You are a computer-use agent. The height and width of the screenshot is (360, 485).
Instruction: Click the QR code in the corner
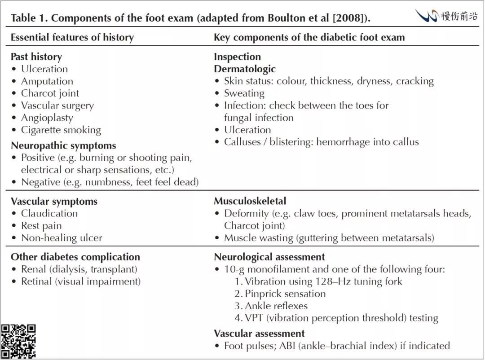click(18, 341)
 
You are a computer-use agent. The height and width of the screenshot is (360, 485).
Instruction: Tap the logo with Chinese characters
click(446, 17)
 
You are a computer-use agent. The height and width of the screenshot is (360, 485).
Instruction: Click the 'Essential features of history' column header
click(72, 37)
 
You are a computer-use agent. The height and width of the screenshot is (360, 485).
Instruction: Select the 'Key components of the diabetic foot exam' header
click(309, 37)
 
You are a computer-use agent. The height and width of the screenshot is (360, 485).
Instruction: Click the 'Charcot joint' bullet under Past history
click(50, 93)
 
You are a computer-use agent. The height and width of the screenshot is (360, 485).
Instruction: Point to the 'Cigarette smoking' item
click(61, 130)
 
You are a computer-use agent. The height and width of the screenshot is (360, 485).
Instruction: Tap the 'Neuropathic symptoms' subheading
click(63, 145)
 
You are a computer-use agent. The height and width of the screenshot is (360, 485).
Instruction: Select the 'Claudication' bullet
click(49, 213)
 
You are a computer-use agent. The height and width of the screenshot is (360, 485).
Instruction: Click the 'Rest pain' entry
click(41, 226)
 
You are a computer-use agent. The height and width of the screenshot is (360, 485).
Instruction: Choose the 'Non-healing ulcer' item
click(62, 238)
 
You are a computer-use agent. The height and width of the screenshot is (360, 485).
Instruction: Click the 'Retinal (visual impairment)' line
click(81, 281)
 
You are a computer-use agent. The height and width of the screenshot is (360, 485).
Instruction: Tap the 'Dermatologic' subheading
click(245, 69)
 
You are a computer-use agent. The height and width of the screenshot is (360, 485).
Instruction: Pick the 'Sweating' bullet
click(244, 93)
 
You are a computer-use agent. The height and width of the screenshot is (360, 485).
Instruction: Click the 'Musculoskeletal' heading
click(250, 201)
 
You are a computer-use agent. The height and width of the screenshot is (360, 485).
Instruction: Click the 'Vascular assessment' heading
click(259, 334)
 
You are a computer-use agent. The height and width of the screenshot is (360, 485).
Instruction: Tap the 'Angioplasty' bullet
click(47, 118)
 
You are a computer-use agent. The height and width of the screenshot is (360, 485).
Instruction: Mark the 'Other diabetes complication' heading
click(75, 257)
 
